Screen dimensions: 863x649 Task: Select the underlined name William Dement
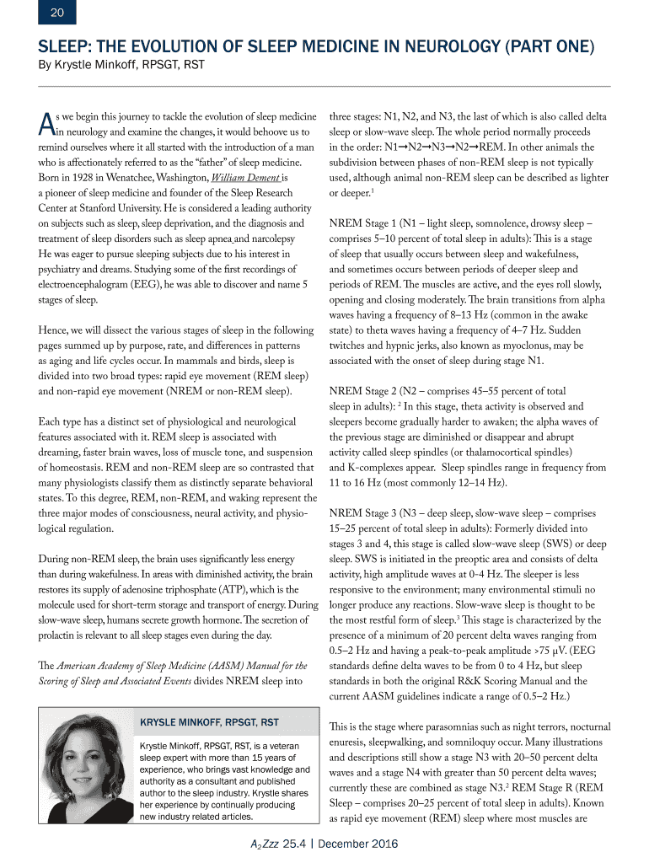[x=244, y=178]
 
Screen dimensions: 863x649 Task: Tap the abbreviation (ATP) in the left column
[x=258, y=589]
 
